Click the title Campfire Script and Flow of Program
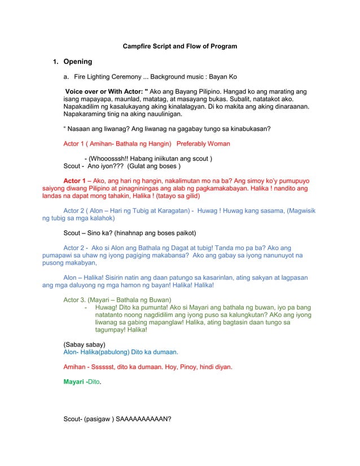pos(180,46)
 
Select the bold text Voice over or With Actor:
pos(104,91)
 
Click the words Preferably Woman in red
pos(203,144)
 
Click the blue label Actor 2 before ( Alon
pos(74,210)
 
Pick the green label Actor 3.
pos(74,299)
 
